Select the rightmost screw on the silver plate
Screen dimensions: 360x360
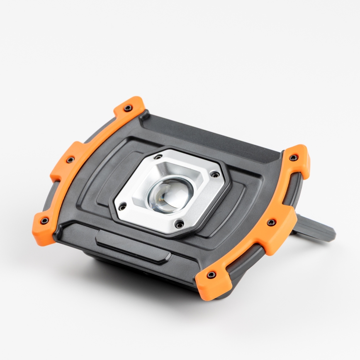[214, 173]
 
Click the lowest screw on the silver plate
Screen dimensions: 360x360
[179, 224]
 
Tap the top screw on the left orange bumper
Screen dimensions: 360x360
[127, 108]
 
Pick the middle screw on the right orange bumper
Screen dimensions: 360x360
[271, 223]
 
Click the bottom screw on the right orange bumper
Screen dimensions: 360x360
[211, 275]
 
